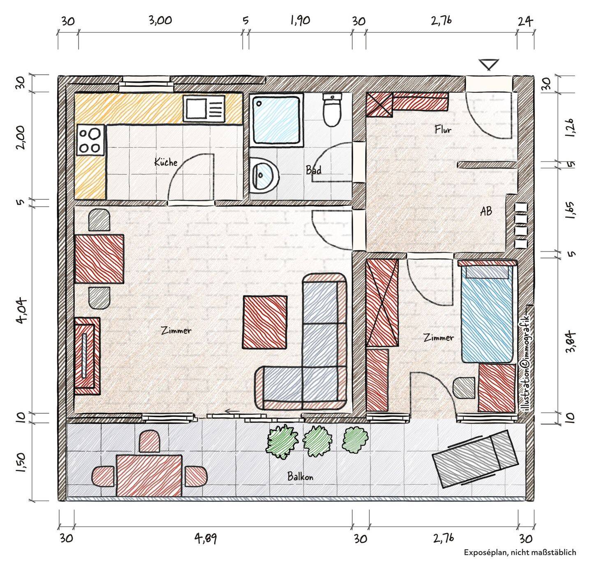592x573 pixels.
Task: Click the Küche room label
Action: (166, 162)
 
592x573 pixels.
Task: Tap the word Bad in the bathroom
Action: (314, 170)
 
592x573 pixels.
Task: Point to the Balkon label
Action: (300, 476)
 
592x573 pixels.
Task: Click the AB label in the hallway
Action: (486, 211)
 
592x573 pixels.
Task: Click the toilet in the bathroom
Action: (332, 110)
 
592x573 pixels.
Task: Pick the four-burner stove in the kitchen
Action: (90, 140)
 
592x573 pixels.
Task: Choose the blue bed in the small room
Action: (487, 314)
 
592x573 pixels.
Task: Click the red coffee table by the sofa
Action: (265, 322)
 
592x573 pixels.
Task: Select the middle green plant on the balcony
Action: (317, 441)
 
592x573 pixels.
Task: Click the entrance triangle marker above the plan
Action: (489, 64)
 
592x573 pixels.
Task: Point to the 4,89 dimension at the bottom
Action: (206, 538)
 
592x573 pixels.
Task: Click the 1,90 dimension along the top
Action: (300, 21)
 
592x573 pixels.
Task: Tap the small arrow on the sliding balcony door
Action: (232, 412)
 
